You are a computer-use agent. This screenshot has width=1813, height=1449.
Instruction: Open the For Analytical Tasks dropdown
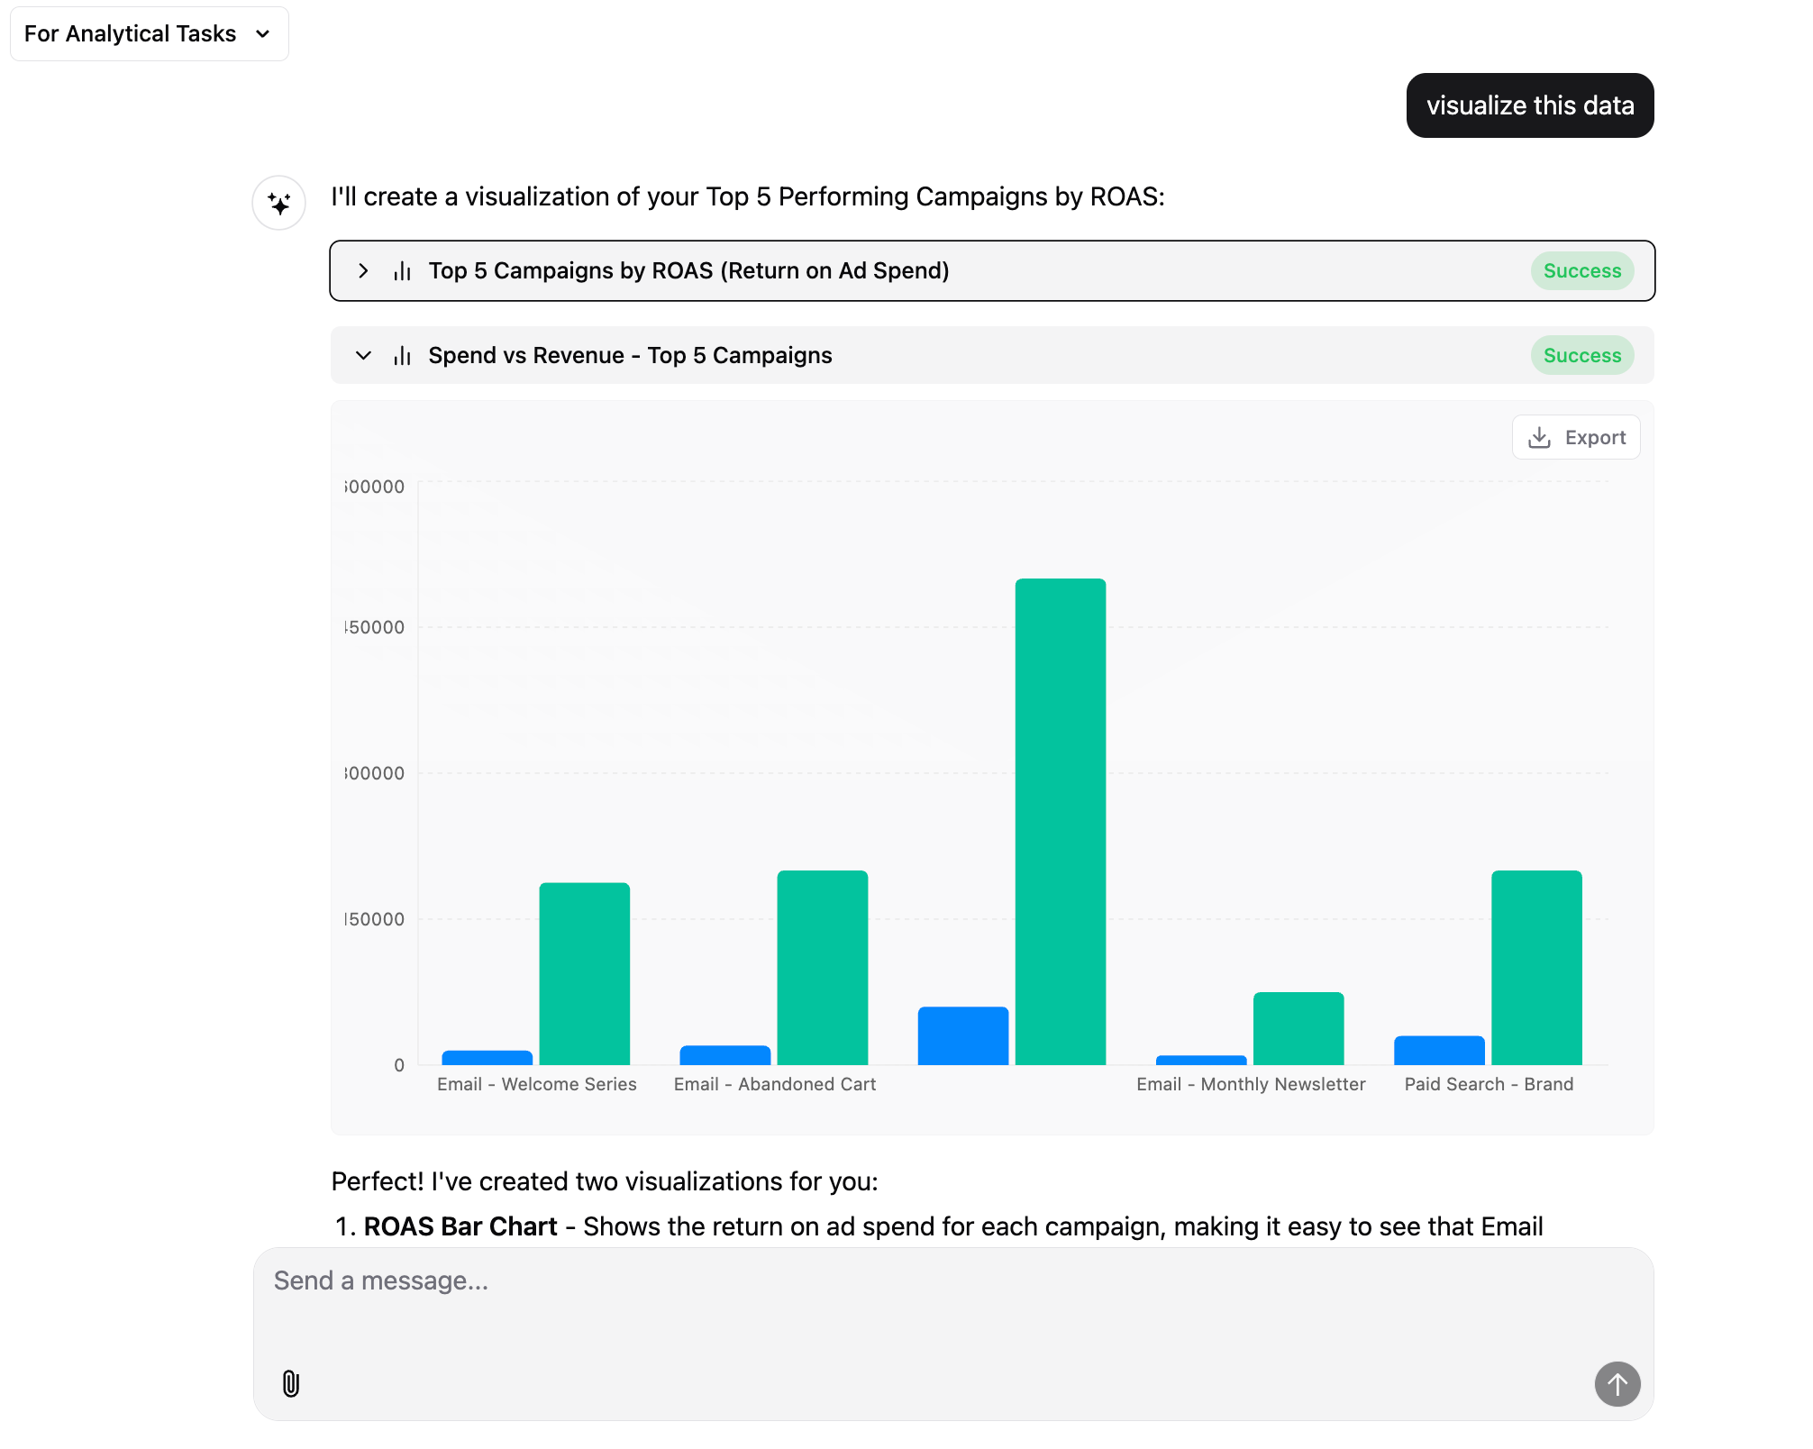[149, 34]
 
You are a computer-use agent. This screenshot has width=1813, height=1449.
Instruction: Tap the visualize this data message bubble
[1529, 105]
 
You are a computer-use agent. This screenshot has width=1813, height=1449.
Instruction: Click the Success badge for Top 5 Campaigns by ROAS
[1581, 271]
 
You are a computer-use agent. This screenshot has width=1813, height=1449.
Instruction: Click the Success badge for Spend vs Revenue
[1581, 356]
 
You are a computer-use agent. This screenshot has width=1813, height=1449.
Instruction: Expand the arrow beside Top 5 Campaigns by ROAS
[363, 271]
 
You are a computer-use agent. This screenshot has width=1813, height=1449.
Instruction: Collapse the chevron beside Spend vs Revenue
[363, 356]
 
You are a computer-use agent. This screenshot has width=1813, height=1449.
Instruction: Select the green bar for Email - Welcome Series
[584, 973]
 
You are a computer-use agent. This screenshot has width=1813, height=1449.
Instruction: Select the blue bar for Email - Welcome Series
[487, 1058]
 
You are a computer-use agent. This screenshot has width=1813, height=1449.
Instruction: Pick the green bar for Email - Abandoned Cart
[822, 967]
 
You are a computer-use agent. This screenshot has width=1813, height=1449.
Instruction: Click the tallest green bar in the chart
[1060, 821]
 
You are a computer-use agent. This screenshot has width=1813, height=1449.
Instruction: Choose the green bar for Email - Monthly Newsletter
[1298, 1028]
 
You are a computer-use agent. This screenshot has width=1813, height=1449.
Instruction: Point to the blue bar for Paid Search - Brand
[1439, 1051]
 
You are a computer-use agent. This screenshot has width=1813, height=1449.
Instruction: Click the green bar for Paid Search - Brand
[1535, 967]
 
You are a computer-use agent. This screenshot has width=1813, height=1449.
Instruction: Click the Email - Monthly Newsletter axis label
[1251, 1084]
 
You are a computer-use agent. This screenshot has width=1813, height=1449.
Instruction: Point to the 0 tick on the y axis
[399, 1065]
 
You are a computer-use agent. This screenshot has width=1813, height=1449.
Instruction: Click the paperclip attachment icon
[290, 1383]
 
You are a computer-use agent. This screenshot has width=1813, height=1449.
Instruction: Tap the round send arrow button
[1617, 1383]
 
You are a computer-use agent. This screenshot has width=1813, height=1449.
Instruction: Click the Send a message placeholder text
[381, 1280]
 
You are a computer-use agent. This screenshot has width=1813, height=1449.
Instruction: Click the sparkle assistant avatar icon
[279, 203]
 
